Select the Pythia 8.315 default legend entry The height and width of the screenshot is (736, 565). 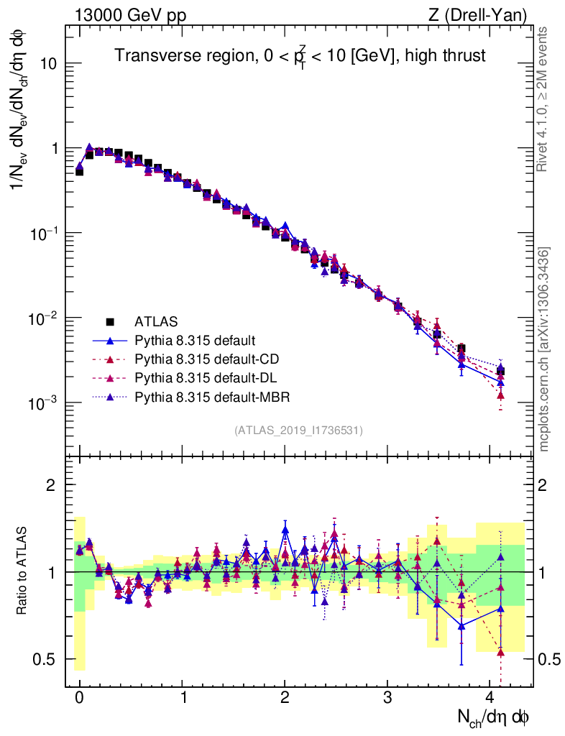(x=195, y=340)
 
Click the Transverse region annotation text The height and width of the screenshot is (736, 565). (x=300, y=55)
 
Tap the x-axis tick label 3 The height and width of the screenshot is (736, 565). (x=387, y=698)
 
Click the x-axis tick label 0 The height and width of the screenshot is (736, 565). (x=79, y=698)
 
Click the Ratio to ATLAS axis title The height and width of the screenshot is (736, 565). (x=22, y=571)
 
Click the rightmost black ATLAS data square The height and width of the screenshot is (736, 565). (x=500, y=372)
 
